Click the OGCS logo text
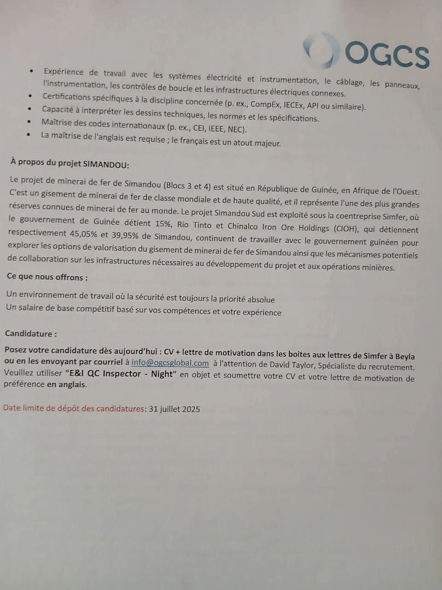[387, 54]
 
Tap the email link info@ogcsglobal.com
[170, 363]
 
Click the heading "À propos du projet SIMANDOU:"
[70, 164]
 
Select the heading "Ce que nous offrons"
[47, 277]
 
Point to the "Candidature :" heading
[31, 334]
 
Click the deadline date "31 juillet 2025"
[174, 409]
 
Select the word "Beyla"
[404, 356]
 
